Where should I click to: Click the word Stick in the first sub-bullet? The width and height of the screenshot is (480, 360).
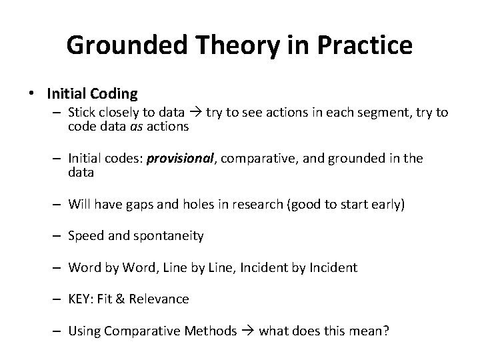(x=82, y=113)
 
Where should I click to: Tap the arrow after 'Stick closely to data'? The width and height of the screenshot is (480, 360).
(x=195, y=113)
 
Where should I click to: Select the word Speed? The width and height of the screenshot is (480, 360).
(x=85, y=235)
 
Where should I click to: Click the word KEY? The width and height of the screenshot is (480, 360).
(x=81, y=299)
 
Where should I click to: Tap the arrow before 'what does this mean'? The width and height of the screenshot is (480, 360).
(x=248, y=331)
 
